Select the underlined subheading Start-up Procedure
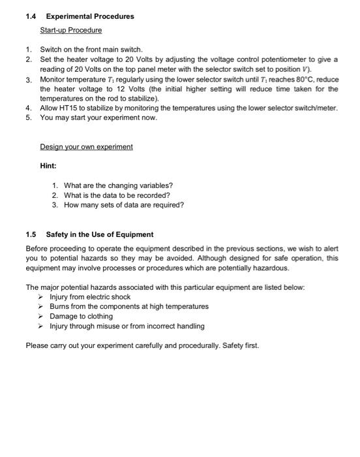click(71, 30)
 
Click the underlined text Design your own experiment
click(86, 147)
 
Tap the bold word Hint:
click(48, 166)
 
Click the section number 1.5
click(31, 234)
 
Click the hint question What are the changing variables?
click(118, 185)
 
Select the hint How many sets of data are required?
click(124, 204)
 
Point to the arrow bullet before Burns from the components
click(44, 306)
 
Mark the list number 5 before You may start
click(29, 118)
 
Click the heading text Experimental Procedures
click(90, 16)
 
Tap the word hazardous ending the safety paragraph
click(266, 268)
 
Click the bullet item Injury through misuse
click(127, 326)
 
